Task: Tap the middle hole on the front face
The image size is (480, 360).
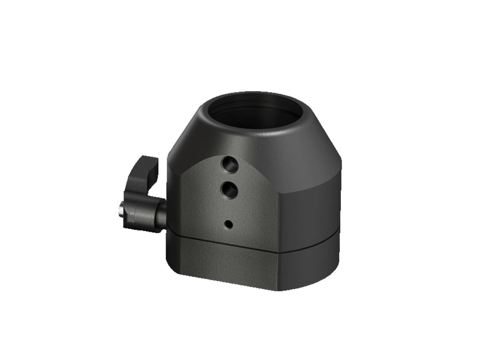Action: [228, 189]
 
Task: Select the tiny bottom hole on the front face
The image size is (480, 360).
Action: [229, 223]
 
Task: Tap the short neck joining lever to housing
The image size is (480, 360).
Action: [160, 213]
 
